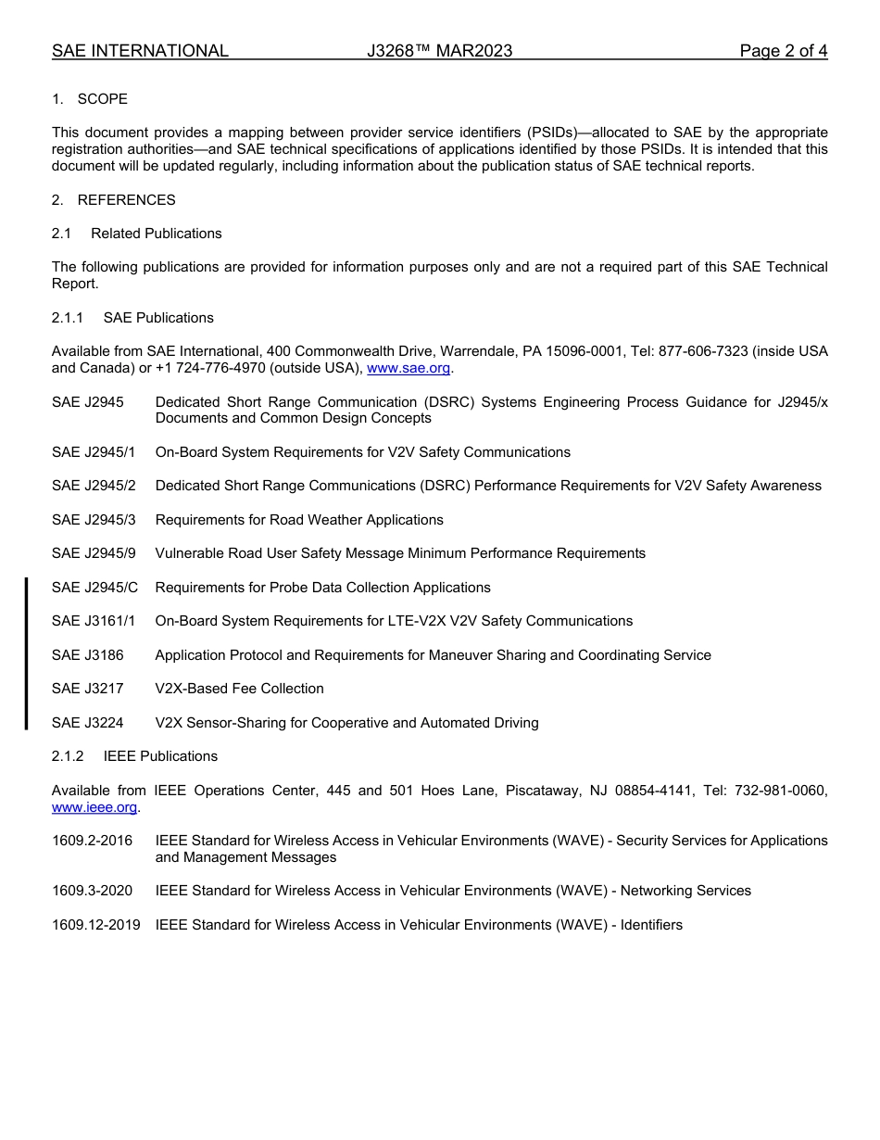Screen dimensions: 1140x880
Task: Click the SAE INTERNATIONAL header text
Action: pos(140,51)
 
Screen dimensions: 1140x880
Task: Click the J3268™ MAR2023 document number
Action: pos(439,51)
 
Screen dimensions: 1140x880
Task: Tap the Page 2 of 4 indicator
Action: pos(783,51)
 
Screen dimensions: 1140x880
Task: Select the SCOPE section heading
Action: pos(102,99)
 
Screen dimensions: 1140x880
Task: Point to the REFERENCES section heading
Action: pos(126,200)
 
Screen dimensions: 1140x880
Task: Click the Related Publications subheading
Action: pos(156,234)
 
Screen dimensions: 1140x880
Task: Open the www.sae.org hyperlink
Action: pos(409,369)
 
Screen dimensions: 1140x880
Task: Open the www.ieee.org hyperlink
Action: pos(94,807)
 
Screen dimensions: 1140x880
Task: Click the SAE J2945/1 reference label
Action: pos(94,452)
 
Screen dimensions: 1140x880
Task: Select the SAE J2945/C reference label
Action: pos(94,588)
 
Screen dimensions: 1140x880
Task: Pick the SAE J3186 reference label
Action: pos(88,655)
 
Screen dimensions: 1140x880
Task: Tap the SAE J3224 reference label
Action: pos(88,723)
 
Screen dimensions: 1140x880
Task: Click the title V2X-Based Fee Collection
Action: pos(239,689)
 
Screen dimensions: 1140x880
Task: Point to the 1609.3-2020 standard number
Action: pos(92,891)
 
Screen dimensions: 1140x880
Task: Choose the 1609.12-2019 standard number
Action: pos(96,925)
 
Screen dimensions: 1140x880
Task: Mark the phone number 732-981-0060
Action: pos(781,791)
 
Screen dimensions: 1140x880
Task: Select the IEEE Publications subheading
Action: pos(160,756)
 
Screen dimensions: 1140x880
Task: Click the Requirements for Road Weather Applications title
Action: pos(299,520)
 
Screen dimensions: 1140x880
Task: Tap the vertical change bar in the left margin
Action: pos(26,653)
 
